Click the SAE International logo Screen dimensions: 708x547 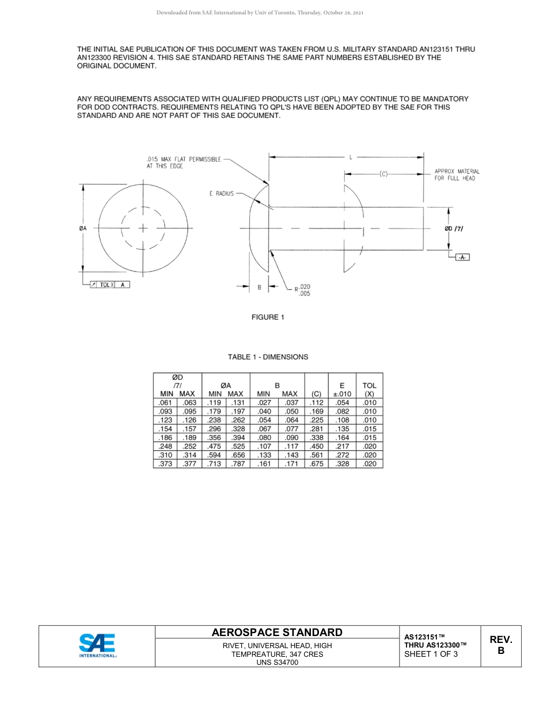tap(97, 645)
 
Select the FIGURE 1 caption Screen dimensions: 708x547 tap(268, 317)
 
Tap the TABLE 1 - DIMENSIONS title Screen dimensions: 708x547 tap(268, 357)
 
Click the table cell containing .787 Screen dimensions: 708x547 tap(238, 464)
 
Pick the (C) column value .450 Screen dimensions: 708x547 tap(317, 446)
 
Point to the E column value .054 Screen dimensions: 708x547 tap(342, 403)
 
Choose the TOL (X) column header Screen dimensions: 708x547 tap(369, 390)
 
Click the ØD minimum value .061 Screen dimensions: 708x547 tap(165, 403)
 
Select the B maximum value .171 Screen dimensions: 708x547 tap(291, 464)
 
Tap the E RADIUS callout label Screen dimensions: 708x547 tap(221, 194)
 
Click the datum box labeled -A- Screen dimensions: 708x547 tap(462, 257)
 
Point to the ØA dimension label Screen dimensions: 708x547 tap(83, 229)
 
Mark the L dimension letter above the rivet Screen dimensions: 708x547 tap(350, 156)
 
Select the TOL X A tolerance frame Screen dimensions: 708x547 tap(109, 284)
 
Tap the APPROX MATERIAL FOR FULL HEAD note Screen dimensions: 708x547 tap(457, 174)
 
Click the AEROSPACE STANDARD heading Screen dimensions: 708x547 tap(277, 632)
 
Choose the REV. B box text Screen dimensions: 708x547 tap(500, 645)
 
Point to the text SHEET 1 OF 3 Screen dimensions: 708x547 tap(431, 654)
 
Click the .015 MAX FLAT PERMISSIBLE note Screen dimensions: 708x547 tap(183, 162)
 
